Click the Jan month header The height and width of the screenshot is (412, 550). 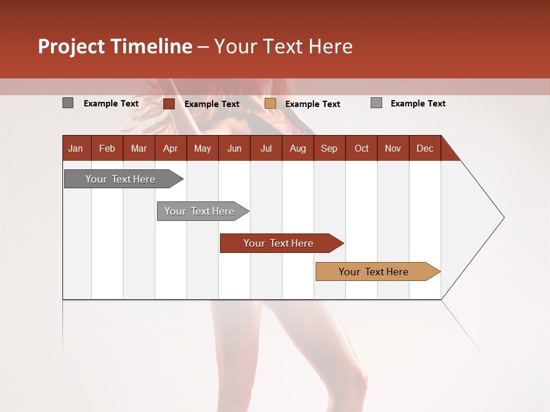coord(76,148)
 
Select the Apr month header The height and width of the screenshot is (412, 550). coord(171,148)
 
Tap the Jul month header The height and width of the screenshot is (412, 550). coord(266,148)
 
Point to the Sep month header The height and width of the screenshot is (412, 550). coord(329,148)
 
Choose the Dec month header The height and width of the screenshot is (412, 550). coord(425,148)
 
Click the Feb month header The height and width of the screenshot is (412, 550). coord(107,148)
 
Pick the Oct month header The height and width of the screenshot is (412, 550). coord(362,148)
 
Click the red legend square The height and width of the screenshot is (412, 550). coord(169,104)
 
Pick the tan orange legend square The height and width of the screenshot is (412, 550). coord(270,104)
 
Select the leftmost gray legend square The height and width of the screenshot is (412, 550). coord(68,103)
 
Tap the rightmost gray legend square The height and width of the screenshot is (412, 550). coord(376,103)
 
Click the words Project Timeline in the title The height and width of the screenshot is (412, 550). coord(115,46)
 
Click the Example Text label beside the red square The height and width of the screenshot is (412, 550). coord(212,104)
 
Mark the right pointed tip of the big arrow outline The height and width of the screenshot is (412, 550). coord(503,217)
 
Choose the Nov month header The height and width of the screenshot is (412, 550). coord(393,148)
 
